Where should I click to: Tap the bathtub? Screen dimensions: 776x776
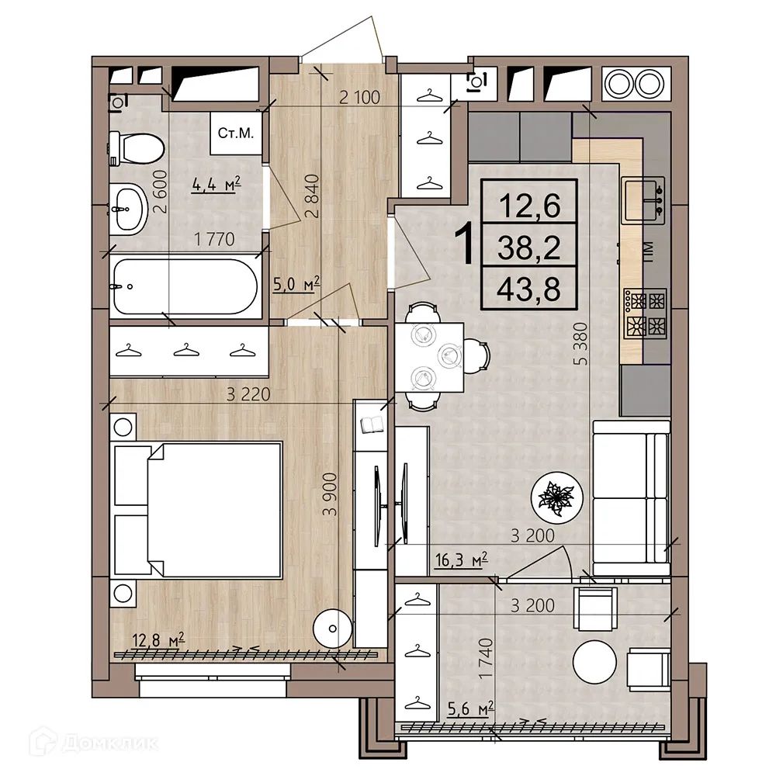(185, 285)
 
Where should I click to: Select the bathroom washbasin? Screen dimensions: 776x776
(127, 209)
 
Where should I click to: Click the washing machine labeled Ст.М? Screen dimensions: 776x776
(236, 133)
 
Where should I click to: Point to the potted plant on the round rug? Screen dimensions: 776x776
(556, 497)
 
